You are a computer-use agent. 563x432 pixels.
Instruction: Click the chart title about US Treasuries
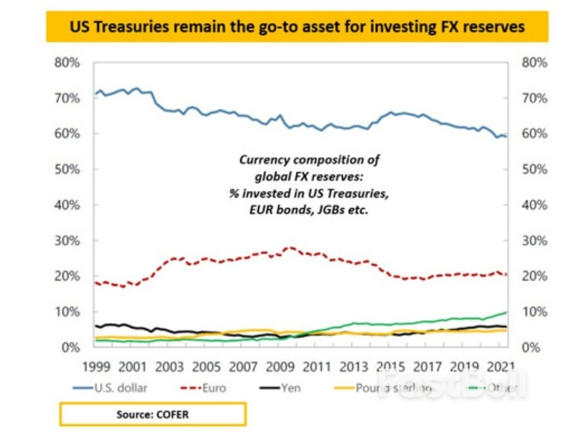(297, 28)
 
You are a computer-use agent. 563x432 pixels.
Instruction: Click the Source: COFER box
(153, 413)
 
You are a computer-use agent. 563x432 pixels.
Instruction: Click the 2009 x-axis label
(280, 366)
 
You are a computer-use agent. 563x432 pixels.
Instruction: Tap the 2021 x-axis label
(499, 366)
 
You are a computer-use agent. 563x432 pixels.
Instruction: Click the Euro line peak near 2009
(291, 247)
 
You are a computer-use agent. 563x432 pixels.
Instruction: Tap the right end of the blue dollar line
(507, 137)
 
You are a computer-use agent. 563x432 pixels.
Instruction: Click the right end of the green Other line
(507, 313)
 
